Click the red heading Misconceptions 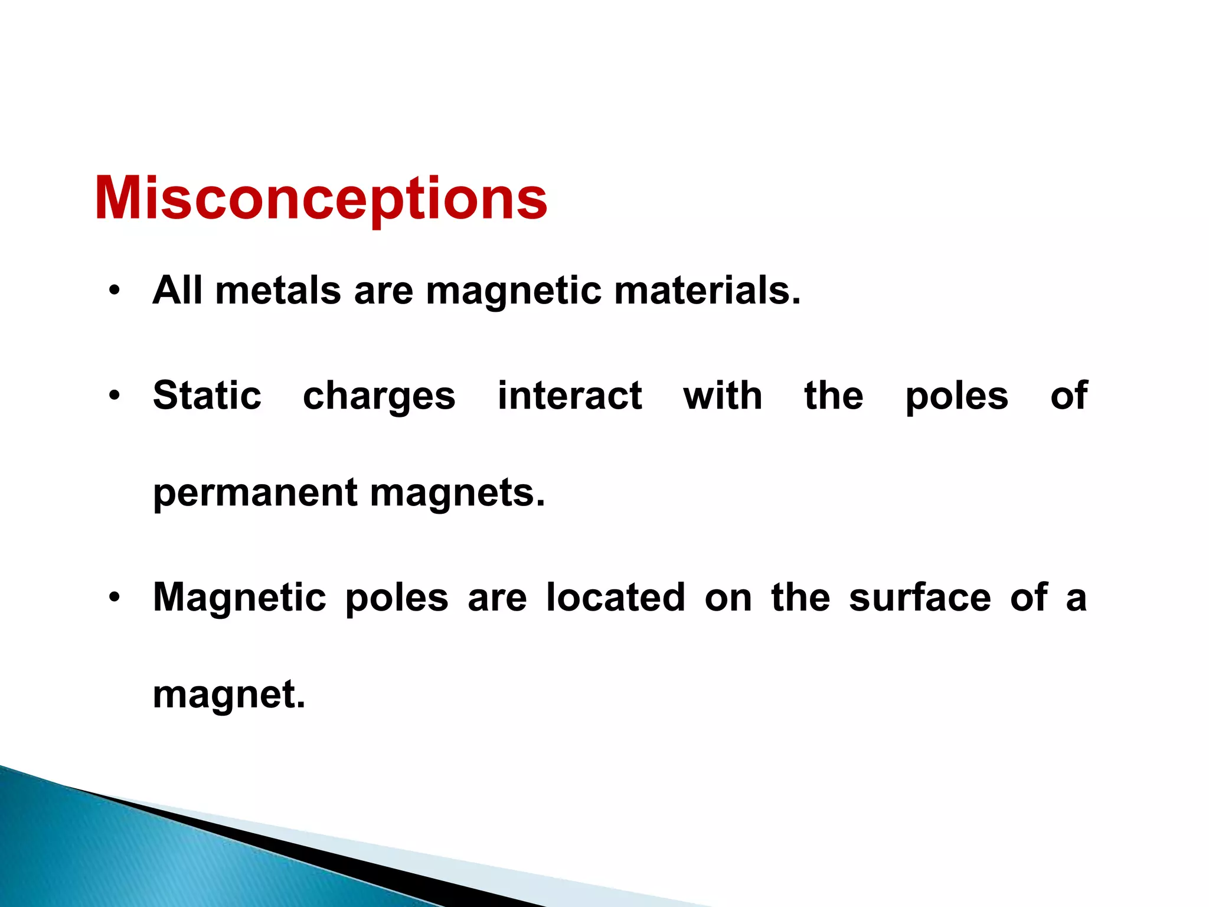coord(321,199)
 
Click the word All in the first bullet coord(177,291)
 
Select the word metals coord(278,291)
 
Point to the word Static coord(207,395)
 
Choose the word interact coord(570,395)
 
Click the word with coord(723,395)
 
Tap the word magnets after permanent coord(458,494)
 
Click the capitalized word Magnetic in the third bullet coord(239,598)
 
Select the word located coord(616,597)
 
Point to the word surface coord(920,597)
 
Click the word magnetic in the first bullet coord(514,292)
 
